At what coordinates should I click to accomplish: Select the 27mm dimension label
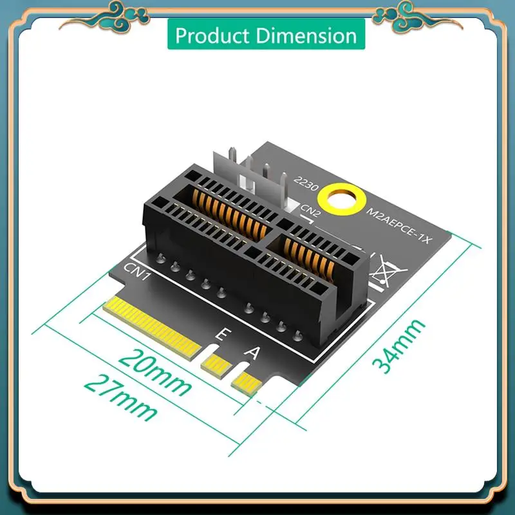tap(121, 396)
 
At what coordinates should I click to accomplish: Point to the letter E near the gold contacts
tap(221, 335)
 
